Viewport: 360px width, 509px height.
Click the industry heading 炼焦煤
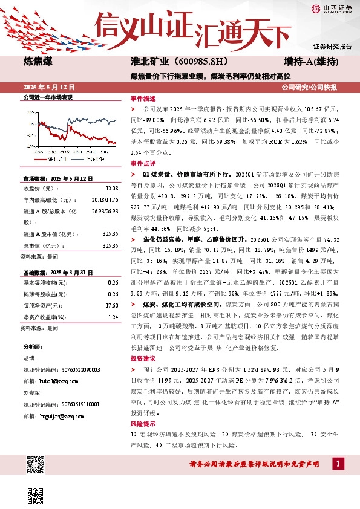[x=38, y=63]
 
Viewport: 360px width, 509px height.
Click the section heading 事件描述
[x=143, y=98]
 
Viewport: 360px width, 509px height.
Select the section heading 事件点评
[x=143, y=163]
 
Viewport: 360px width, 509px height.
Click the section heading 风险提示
[x=143, y=423]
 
